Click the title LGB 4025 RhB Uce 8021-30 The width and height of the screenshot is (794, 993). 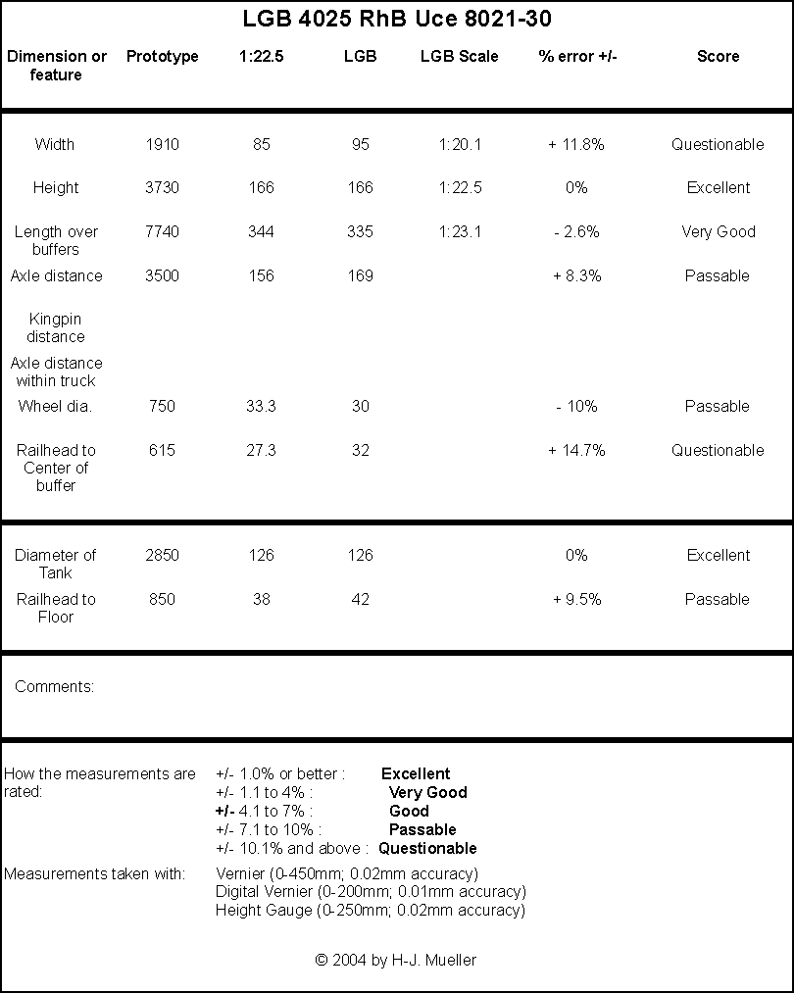[x=397, y=19]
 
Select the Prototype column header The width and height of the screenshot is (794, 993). [x=162, y=56]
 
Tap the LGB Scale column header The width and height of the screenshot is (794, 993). [x=459, y=56]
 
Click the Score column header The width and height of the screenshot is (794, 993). [x=718, y=56]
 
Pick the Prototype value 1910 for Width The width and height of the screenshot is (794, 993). [x=162, y=144]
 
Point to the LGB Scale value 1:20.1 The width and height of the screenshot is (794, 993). [x=460, y=144]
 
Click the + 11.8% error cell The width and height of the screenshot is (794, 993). [x=576, y=144]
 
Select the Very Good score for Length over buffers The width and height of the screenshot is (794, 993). [x=719, y=231]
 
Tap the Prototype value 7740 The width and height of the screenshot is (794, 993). [x=162, y=231]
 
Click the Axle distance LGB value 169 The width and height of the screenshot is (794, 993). [x=361, y=276]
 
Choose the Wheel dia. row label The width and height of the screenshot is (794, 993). [x=55, y=406]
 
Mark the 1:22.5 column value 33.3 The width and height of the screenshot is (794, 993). [x=261, y=406]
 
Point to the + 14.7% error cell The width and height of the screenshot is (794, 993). [x=576, y=450]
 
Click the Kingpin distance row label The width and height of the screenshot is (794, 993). [x=56, y=327]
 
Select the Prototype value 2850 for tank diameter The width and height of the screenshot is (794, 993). [x=162, y=556]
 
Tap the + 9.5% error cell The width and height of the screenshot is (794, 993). [x=576, y=600]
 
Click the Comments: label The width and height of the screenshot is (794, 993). [x=55, y=686]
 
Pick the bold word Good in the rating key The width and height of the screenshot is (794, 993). [x=409, y=812]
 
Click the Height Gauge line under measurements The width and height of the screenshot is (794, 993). [x=371, y=911]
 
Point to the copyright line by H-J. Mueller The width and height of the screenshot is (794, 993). [x=396, y=960]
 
